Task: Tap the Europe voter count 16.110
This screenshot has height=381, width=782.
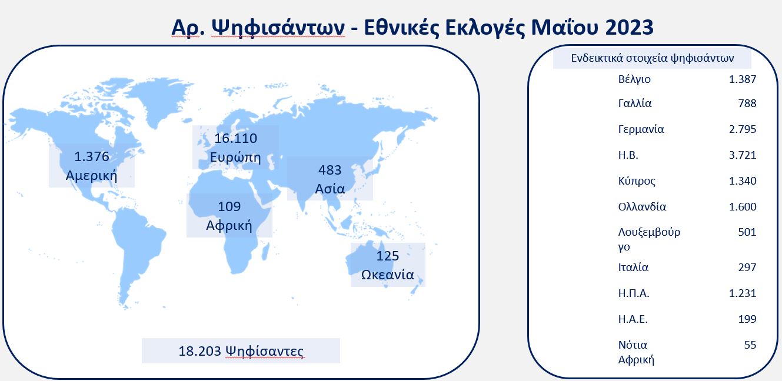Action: click(x=235, y=138)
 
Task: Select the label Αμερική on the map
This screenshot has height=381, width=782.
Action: click(x=91, y=175)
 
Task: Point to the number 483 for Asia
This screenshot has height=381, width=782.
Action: click(x=330, y=170)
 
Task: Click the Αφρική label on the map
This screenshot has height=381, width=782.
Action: click(x=229, y=225)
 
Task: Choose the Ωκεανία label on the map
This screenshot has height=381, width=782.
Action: click(x=388, y=275)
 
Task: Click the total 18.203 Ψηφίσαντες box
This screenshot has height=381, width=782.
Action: click(x=241, y=350)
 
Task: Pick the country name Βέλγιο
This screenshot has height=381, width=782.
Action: click(x=634, y=79)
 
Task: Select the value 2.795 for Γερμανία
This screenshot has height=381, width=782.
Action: click(x=743, y=129)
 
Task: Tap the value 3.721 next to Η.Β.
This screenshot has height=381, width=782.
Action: click(x=743, y=155)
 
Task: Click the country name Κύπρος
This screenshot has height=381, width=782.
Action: click(x=637, y=181)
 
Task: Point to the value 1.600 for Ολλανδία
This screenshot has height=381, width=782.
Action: click(x=743, y=206)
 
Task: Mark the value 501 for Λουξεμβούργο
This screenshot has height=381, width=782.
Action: click(x=747, y=232)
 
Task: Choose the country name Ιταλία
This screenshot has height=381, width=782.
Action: click(x=633, y=268)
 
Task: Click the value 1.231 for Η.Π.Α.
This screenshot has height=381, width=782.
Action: click(x=743, y=293)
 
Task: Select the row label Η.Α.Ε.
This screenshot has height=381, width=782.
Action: click(x=633, y=319)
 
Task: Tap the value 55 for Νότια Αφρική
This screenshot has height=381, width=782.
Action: click(x=750, y=345)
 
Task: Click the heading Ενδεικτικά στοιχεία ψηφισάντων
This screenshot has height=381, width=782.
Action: click(x=652, y=58)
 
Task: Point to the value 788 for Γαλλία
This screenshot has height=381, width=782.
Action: click(x=747, y=103)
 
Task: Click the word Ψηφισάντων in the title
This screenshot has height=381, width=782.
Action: click(x=278, y=28)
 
